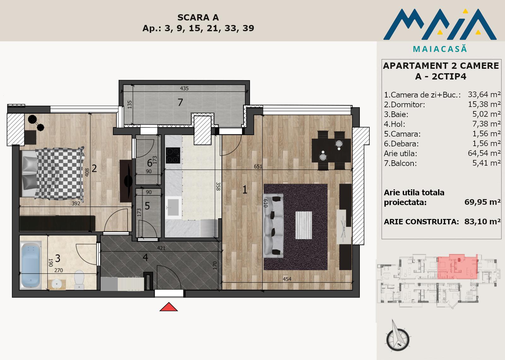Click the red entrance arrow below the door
pos(169,307)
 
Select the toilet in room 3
pos(79,280)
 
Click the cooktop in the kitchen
pos(173,155)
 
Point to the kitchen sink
pos(173,208)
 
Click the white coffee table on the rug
pos(304,225)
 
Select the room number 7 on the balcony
pos(180,103)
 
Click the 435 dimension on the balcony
pos(184,88)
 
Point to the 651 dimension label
pos(258,166)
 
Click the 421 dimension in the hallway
pos(161,248)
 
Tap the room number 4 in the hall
pos(146,257)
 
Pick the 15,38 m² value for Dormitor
pos(484,104)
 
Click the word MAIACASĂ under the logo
pos(440,49)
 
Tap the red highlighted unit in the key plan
pos(457,267)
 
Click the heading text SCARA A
pos(198,17)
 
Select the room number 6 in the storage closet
pos(150,163)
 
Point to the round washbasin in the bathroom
pos(56,283)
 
